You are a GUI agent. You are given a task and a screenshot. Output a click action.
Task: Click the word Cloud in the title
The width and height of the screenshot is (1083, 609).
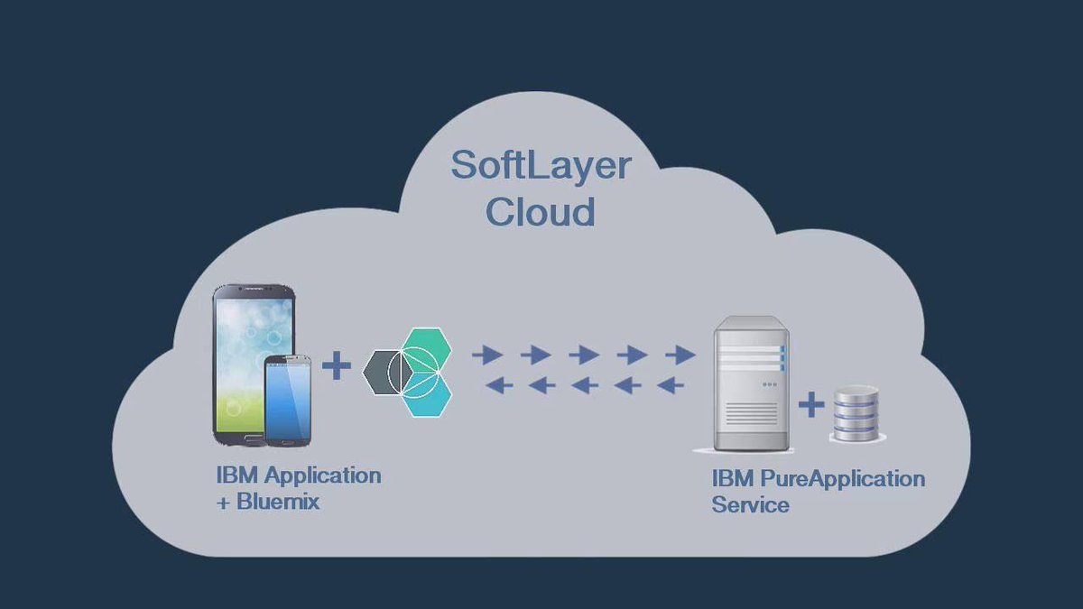pos(541,213)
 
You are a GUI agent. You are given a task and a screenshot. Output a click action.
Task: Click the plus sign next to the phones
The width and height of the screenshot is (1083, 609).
pos(337,366)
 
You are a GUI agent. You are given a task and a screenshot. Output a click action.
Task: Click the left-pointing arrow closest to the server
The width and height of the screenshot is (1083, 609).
pos(671,386)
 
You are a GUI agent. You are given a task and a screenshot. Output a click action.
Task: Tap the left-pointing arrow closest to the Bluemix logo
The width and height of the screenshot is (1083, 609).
pos(499,386)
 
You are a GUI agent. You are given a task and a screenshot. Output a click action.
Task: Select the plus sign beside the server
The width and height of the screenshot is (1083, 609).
pos(811,405)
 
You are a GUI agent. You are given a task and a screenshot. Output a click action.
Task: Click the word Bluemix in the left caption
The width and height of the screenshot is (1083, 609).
pos(278,503)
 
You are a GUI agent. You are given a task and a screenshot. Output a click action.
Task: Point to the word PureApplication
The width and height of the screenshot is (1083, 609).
pos(839,478)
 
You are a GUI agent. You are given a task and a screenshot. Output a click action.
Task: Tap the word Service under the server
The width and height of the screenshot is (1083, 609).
pos(750,505)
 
